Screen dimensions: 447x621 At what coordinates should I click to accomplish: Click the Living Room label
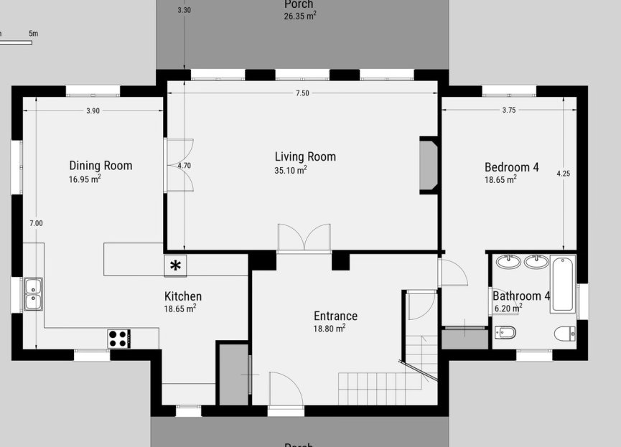tap(305, 156)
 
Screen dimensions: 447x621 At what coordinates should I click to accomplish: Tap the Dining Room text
tap(101, 166)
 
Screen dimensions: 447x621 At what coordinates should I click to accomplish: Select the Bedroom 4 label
tap(511, 167)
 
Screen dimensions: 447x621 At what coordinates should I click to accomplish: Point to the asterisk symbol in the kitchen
tap(175, 265)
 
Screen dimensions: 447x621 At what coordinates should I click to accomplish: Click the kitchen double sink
tap(33, 293)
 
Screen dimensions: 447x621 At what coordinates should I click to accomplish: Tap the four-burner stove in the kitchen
tap(118, 338)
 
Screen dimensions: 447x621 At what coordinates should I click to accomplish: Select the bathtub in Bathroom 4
tap(563, 283)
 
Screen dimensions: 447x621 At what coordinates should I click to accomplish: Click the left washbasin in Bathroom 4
tap(510, 261)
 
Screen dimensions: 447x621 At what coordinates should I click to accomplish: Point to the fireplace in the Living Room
tap(428, 165)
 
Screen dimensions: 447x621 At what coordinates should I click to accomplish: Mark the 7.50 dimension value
tap(302, 93)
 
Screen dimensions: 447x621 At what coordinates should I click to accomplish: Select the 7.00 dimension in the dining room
tap(36, 223)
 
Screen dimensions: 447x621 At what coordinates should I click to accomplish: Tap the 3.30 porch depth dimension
tap(185, 11)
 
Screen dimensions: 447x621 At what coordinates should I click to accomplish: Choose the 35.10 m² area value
tap(290, 171)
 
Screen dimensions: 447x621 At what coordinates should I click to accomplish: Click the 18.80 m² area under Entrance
tap(329, 328)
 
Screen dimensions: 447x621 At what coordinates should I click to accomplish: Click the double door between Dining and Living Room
tap(178, 165)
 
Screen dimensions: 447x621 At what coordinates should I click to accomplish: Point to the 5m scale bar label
tap(33, 34)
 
